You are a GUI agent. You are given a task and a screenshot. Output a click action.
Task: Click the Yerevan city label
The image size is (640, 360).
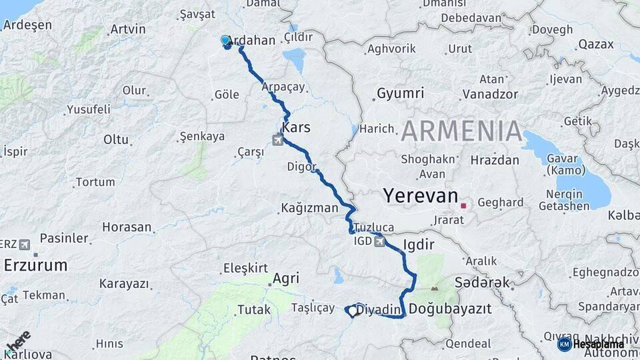point(421,196)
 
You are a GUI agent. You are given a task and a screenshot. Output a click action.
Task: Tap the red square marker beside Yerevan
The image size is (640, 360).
point(463,206)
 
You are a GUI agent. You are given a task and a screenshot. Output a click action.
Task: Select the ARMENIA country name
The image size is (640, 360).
point(461,131)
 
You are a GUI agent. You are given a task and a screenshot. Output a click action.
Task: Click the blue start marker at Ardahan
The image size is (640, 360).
point(225,41)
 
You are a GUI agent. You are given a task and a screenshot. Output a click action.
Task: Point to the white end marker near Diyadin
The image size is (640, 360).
point(353,310)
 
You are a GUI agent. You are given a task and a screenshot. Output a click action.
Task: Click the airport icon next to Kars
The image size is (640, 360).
point(277,140)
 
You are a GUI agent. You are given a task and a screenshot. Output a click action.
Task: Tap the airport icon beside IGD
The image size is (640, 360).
point(379,241)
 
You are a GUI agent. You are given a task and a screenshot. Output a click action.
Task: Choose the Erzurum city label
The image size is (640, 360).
point(35,265)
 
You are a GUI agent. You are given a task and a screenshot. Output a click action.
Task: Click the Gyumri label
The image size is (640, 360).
point(400,93)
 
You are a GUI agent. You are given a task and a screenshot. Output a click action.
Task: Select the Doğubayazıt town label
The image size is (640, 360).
point(450,309)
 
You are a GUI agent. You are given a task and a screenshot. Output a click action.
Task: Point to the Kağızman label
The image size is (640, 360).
point(309,208)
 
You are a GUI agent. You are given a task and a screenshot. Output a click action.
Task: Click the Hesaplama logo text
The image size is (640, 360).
point(598,345)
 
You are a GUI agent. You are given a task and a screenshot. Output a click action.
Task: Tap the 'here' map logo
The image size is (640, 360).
point(18,341)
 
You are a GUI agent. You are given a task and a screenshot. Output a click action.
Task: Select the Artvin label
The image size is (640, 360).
point(128,29)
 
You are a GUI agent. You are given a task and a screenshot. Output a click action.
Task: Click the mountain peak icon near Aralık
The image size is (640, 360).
point(435,289)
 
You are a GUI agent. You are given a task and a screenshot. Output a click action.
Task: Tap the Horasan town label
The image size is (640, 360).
point(127,227)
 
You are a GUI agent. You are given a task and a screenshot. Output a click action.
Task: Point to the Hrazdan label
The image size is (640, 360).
point(495,160)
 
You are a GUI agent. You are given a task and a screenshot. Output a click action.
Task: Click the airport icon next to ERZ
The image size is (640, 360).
point(25,244)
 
